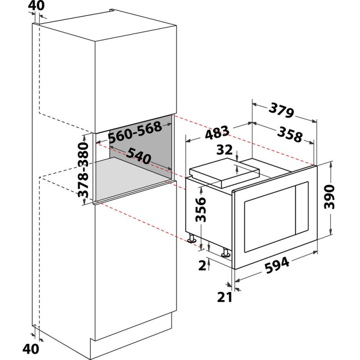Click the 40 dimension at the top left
(x=36, y=5)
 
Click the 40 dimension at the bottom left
(x=31, y=349)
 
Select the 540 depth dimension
(x=139, y=155)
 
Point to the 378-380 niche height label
(x=83, y=170)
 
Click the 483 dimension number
(x=217, y=133)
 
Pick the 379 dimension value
(x=281, y=110)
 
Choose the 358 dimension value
(x=290, y=135)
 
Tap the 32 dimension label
(x=225, y=150)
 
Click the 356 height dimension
(x=200, y=209)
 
